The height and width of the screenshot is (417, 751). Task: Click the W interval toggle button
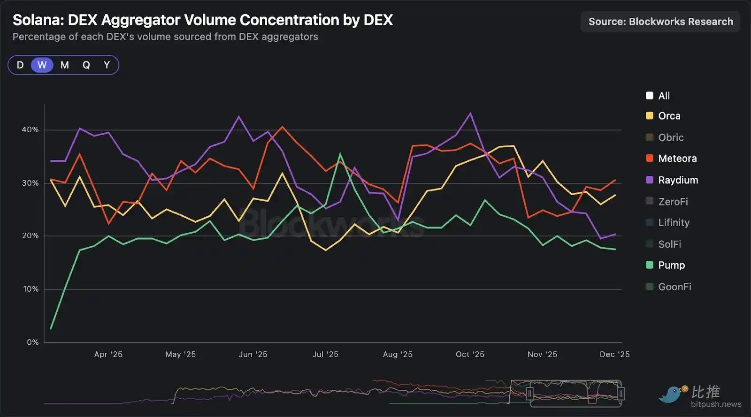point(42,65)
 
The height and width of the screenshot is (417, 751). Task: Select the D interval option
point(20,65)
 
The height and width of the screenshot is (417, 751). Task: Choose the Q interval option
point(86,65)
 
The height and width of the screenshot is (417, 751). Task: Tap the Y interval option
point(107,65)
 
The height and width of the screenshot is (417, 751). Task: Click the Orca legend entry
point(669,116)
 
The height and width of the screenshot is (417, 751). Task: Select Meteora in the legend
point(677,159)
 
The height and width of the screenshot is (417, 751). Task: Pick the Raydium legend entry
point(678,180)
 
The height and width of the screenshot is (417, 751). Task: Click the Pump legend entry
point(671,265)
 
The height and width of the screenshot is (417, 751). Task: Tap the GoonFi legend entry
point(674,287)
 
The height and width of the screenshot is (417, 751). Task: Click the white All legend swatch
point(650,96)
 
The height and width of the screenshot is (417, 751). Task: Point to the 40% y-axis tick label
point(30,130)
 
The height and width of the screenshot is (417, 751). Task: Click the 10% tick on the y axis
point(31,289)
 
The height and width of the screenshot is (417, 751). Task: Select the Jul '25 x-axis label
point(325,355)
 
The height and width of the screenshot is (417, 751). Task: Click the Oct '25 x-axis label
point(470,355)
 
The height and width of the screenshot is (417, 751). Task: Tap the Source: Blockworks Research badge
point(660,22)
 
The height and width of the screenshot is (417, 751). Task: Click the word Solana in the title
point(38,20)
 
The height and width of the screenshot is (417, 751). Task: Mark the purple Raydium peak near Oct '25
point(470,113)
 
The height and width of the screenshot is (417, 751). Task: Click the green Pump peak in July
point(340,154)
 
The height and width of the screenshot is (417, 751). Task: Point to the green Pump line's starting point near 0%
point(51,328)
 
